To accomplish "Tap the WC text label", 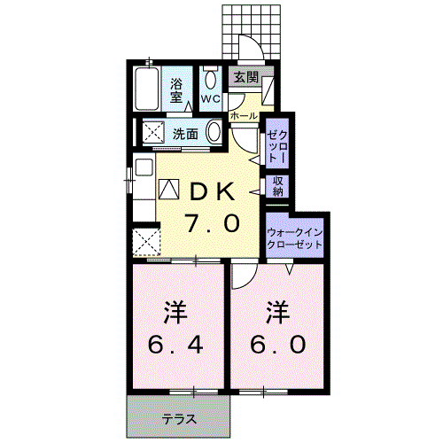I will coord(210,98).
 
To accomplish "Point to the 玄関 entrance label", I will coord(245,77).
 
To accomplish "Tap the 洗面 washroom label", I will coord(185,134).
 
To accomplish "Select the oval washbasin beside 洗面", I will coord(214,133).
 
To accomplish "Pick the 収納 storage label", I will coord(277,185).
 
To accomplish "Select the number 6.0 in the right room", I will coord(278,344).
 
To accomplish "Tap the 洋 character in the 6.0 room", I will coord(278,311).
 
